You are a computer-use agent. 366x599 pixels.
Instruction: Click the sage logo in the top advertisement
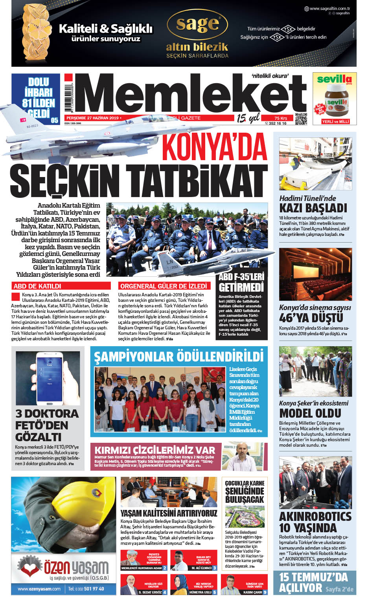[197, 24]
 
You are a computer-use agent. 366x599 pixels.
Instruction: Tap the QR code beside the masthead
[301, 119]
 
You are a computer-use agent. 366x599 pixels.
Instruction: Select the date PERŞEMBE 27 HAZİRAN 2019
[92, 118]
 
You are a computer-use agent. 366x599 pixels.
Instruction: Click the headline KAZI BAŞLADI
[313, 208]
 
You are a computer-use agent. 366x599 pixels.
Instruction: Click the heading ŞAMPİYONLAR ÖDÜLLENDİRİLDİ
[178, 357]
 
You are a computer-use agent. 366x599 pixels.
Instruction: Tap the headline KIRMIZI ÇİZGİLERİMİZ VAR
[155, 450]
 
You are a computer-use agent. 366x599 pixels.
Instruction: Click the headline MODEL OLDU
[310, 413]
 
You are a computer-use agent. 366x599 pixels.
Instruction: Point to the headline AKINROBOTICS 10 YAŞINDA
[315, 522]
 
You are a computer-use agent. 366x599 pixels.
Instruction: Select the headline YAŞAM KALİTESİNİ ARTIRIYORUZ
[169, 513]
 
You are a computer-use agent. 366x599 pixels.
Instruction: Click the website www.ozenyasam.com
[39, 589]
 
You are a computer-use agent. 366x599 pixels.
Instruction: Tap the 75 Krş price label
[281, 118]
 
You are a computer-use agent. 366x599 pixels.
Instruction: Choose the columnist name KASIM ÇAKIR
[253, 592]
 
